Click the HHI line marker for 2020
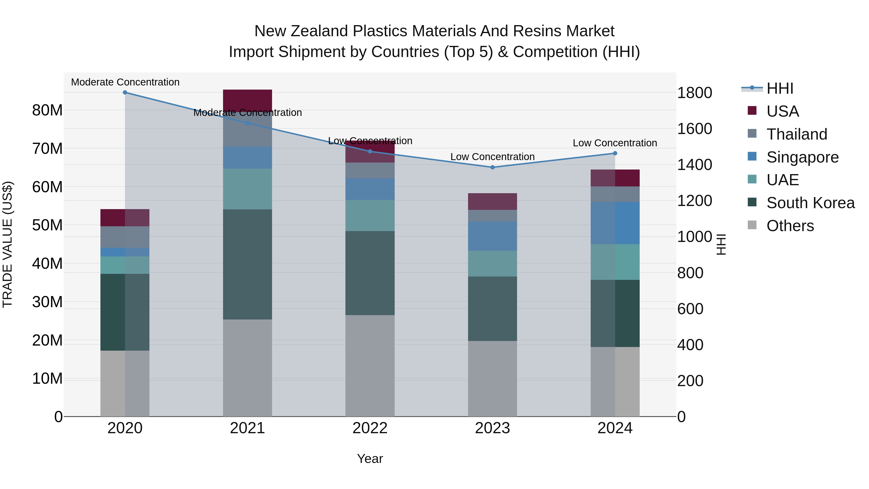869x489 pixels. coord(125,92)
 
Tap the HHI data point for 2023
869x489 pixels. coord(492,167)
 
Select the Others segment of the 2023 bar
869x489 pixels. coord(492,378)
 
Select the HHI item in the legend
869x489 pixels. coord(780,88)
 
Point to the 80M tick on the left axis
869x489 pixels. coord(47,110)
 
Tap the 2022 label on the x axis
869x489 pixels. coord(370,428)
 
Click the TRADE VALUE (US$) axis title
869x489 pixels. coord(7,244)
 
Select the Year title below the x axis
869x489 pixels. coord(370,459)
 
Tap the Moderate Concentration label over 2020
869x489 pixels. coord(125,82)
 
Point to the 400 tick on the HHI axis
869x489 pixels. coord(690,345)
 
